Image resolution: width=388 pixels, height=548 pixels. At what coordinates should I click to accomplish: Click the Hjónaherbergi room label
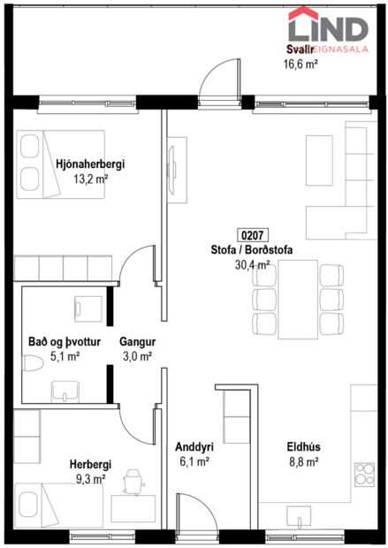click(89, 164)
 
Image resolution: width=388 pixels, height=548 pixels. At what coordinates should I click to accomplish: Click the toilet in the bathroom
click(34, 364)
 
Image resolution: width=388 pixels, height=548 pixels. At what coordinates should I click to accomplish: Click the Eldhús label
click(302, 446)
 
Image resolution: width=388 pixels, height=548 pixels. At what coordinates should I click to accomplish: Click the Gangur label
click(138, 341)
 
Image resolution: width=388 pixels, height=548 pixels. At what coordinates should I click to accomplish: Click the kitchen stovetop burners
click(363, 477)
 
